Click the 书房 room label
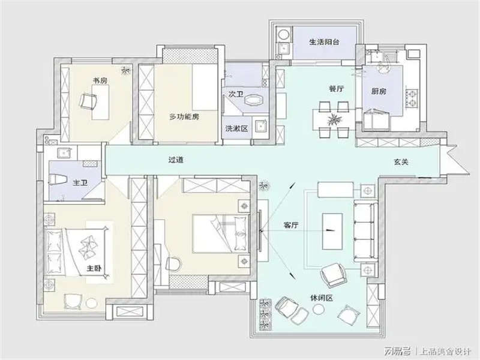click(x=100, y=80)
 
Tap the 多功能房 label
click(x=184, y=116)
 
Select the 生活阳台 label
click(x=325, y=43)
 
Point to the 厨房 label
click(x=379, y=91)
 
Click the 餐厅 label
click(x=336, y=89)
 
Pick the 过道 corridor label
click(x=175, y=160)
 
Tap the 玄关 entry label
click(x=401, y=162)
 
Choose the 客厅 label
click(x=291, y=225)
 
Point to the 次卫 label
click(x=235, y=94)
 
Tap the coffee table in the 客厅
click(x=331, y=230)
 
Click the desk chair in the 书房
click(x=89, y=101)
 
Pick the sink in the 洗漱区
click(x=260, y=127)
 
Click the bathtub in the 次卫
click(x=254, y=99)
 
